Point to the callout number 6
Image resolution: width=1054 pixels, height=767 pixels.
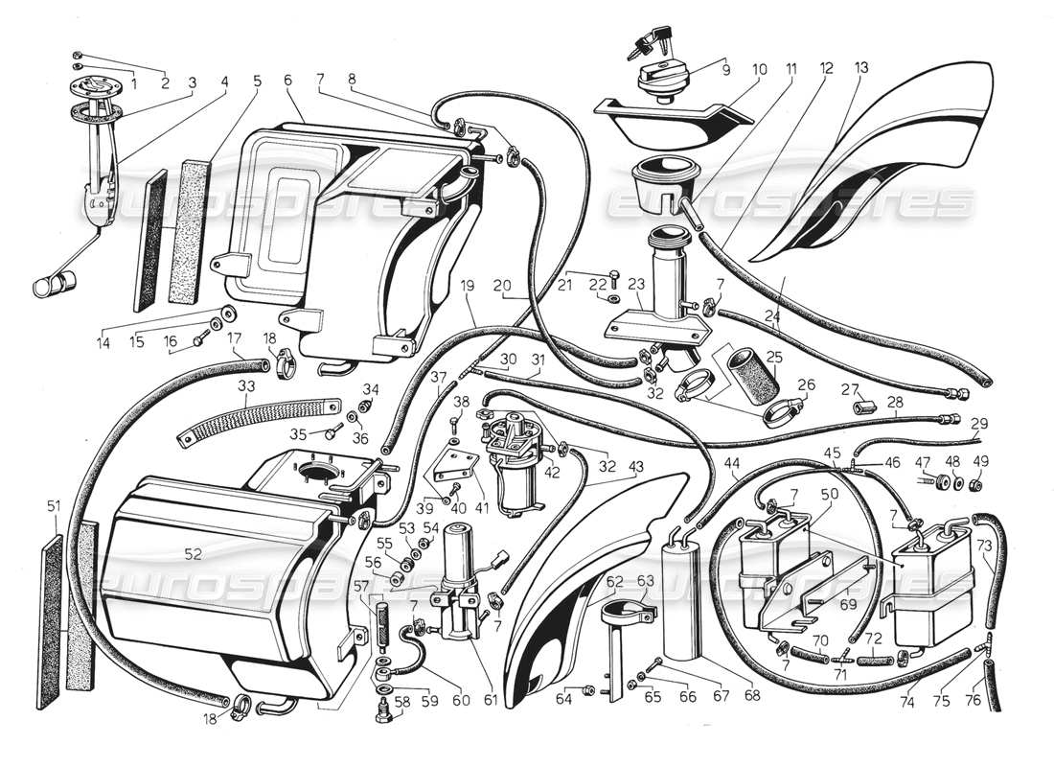point(287,82)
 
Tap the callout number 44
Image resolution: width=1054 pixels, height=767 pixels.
point(733,463)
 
